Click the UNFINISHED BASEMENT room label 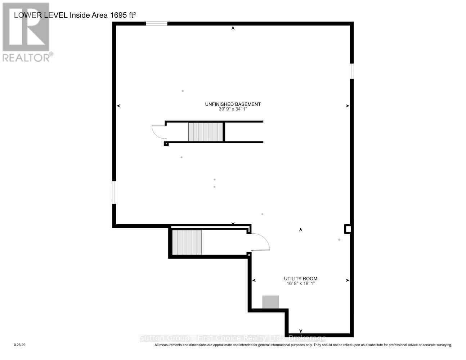(x=233, y=104)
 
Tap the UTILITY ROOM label (x=300, y=279)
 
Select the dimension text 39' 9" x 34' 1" (x=233, y=109)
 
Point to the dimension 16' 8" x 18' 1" (x=300, y=284)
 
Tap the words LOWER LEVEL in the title (x=41, y=15)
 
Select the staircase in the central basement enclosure (x=206, y=132)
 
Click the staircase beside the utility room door (x=187, y=242)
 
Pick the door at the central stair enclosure (x=158, y=132)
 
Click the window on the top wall (x=156, y=24)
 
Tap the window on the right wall (x=352, y=71)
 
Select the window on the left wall (x=114, y=192)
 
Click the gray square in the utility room (x=270, y=302)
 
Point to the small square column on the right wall (x=348, y=229)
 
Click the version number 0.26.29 (x=19, y=345)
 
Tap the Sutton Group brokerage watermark (x=233, y=338)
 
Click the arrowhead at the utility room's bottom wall (x=301, y=331)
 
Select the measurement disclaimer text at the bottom (x=303, y=345)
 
